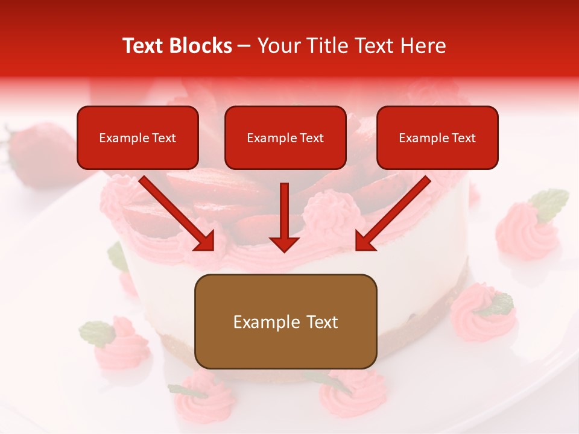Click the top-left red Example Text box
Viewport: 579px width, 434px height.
(x=138, y=138)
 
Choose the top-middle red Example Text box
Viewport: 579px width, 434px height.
(x=285, y=138)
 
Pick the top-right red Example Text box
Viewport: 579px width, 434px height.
(x=437, y=138)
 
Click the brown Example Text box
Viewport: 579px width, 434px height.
(x=285, y=321)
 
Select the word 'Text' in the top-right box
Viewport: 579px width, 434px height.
(x=463, y=138)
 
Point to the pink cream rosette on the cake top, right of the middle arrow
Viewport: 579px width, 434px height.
(x=323, y=211)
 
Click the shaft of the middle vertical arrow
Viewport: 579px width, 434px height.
(x=284, y=208)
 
